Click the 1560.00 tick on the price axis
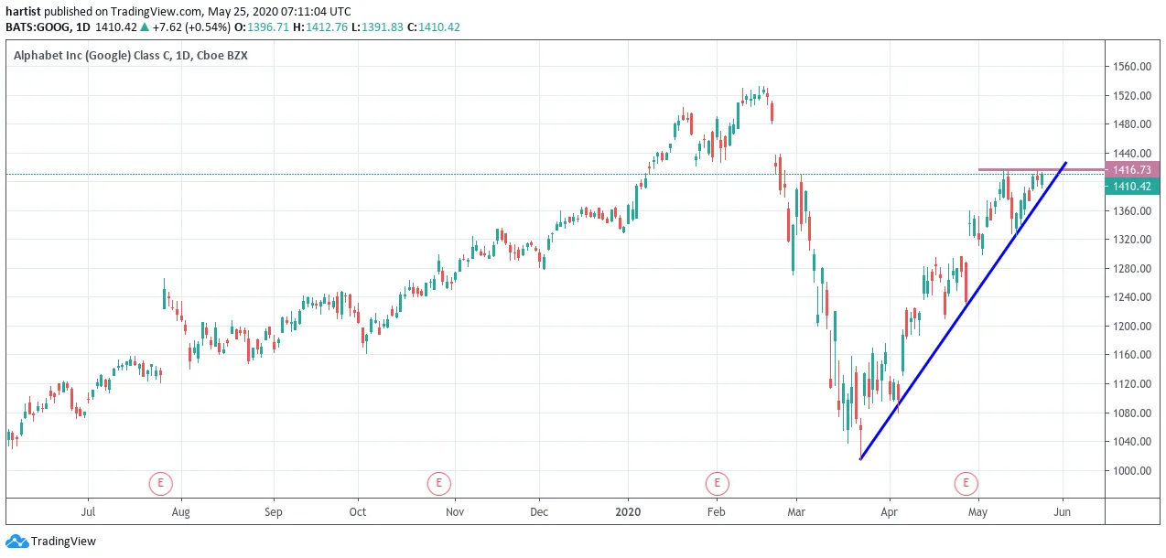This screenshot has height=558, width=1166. [x=1131, y=67]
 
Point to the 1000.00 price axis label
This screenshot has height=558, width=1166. [x=1131, y=470]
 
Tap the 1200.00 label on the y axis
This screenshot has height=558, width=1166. [x=1131, y=326]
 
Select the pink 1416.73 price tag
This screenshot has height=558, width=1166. [x=1131, y=169]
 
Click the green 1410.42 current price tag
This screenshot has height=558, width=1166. [x=1131, y=187]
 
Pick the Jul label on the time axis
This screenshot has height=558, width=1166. [x=88, y=511]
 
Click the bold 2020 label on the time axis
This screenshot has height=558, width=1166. [x=628, y=511]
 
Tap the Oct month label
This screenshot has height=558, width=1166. [x=358, y=511]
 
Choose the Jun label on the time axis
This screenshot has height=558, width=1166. [x=1062, y=511]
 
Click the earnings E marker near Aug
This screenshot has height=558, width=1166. [x=160, y=483]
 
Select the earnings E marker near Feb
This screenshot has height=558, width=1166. [x=717, y=483]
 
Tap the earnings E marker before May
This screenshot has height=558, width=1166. [x=966, y=483]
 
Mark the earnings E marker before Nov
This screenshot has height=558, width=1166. [x=438, y=483]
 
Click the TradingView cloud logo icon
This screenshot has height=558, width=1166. [x=16, y=542]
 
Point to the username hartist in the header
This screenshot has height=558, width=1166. [x=23, y=11]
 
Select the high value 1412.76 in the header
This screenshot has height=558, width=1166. [x=327, y=27]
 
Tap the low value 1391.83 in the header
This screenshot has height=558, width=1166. [x=382, y=27]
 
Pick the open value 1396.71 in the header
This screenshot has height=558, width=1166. [x=267, y=27]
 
